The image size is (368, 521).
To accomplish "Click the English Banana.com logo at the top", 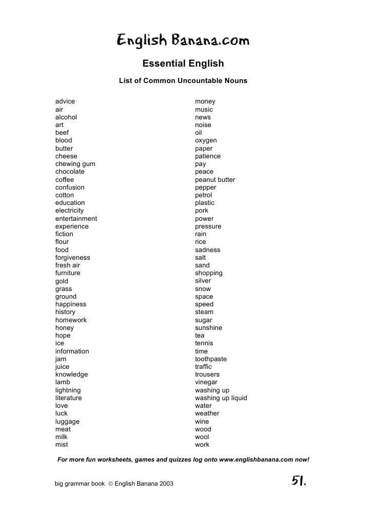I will pyautogui.click(x=183, y=40).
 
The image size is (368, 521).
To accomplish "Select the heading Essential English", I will pyautogui.click(x=183, y=64).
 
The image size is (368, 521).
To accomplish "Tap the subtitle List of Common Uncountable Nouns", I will pyautogui.click(x=183, y=81).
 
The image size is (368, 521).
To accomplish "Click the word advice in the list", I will pyautogui.click(x=65, y=101).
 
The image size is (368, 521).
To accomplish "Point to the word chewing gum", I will pyautogui.click(x=75, y=164).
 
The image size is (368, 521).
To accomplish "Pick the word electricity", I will pyautogui.click(x=70, y=211).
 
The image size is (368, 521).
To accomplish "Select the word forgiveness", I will pyautogui.click(x=73, y=258).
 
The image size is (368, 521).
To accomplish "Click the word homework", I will pyautogui.click(x=71, y=320).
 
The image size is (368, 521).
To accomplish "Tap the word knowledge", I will pyautogui.click(x=72, y=374).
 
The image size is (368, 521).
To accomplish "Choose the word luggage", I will pyautogui.click(x=68, y=422).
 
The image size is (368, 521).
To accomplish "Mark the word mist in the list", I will pyautogui.click(x=61, y=445).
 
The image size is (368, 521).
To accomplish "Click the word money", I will pyautogui.click(x=205, y=101).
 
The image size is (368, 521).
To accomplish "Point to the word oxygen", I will pyautogui.click(x=206, y=140).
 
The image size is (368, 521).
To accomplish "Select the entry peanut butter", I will pyautogui.click(x=215, y=180).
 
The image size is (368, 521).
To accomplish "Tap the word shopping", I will pyautogui.click(x=209, y=273).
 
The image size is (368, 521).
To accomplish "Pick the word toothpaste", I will pyautogui.click(x=211, y=359).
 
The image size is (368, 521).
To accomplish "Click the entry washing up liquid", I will pyautogui.click(x=221, y=398).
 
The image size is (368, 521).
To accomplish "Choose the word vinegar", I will pyautogui.click(x=206, y=382).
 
